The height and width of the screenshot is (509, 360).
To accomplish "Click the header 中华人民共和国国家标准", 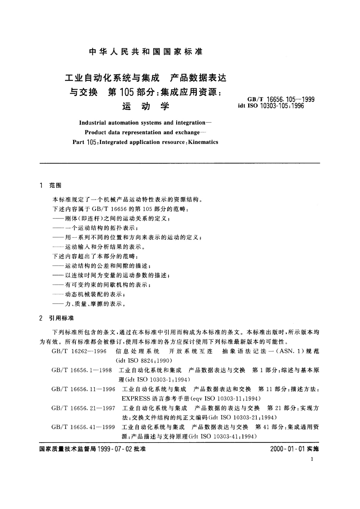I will (x=146, y=52).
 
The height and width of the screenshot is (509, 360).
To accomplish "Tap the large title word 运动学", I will (x=146, y=106).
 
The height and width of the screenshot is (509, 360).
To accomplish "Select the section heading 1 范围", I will (x=50, y=185).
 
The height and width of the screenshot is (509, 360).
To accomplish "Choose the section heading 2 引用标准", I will (x=57, y=318).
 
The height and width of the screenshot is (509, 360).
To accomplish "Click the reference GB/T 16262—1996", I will (x=79, y=351).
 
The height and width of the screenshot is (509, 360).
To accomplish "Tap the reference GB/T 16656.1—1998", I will (x=82, y=370).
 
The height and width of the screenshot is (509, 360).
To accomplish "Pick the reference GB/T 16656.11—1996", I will (x=83, y=389).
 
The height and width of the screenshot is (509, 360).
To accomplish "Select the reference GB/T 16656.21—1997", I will (x=83, y=408).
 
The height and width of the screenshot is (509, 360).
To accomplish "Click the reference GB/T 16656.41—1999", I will (x=83, y=427).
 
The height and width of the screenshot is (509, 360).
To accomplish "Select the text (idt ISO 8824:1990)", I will (x=144, y=361).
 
